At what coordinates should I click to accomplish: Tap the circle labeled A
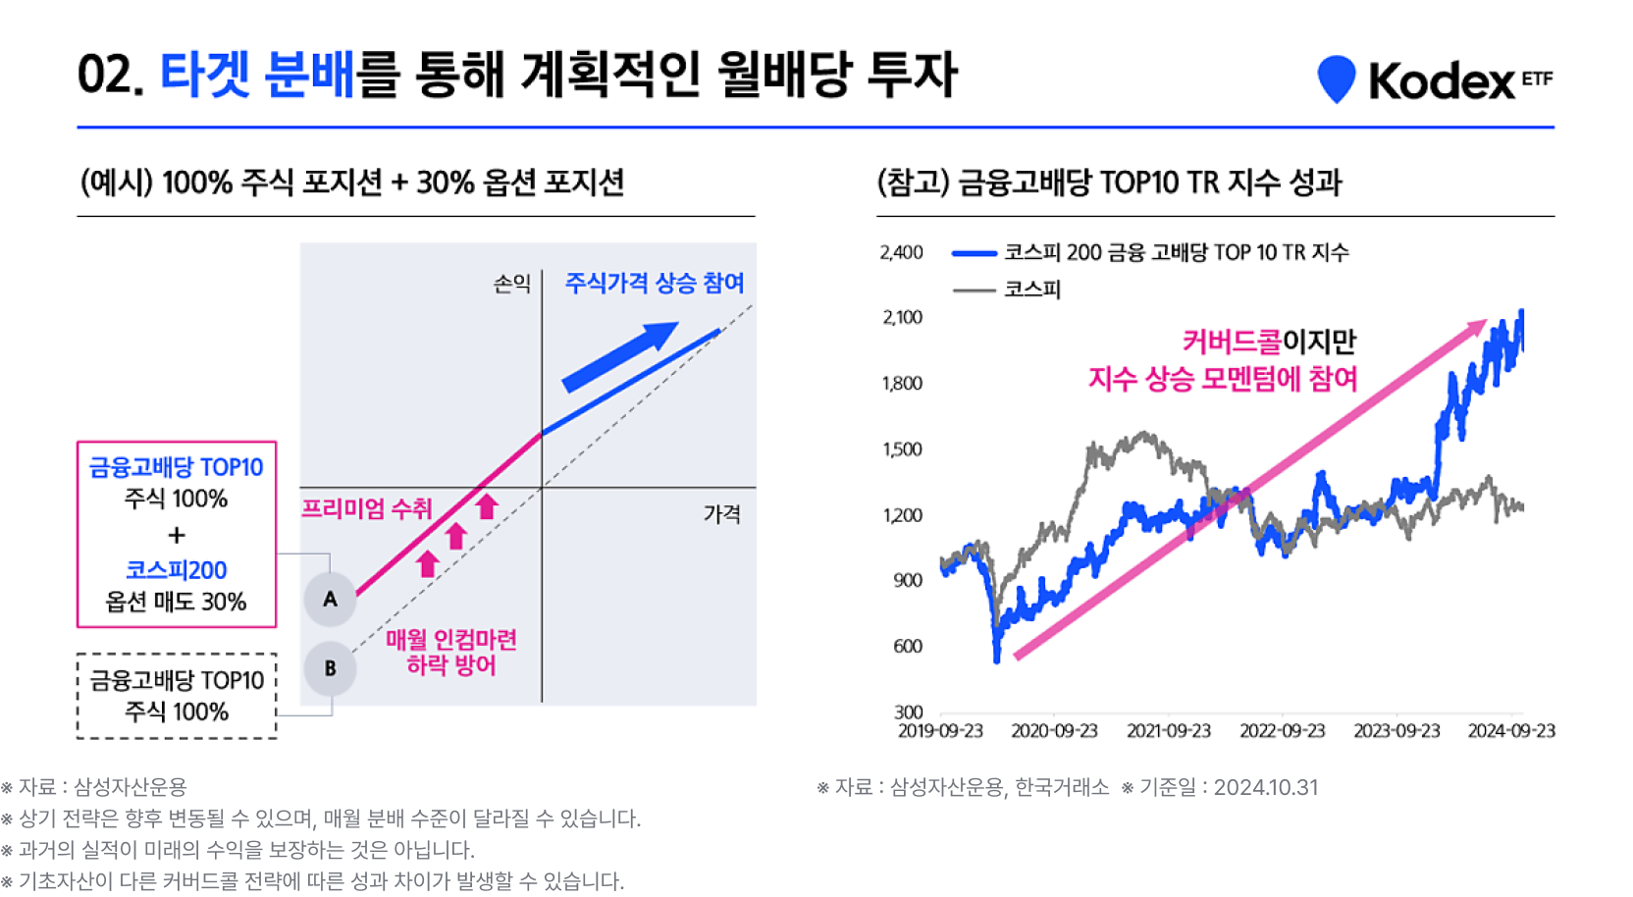(x=330, y=599)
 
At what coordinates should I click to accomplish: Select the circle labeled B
(x=330, y=668)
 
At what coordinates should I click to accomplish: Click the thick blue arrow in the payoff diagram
(x=619, y=356)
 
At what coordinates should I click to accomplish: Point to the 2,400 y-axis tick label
(x=902, y=252)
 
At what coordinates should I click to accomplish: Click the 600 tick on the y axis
(x=908, y=646)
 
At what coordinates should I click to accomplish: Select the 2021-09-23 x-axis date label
(x=1168, y=731)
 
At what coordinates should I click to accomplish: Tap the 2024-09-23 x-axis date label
(x=1510, y=731)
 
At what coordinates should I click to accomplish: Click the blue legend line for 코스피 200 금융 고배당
(x=975, y=253)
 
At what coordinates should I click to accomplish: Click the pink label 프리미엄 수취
(x=366, y=508)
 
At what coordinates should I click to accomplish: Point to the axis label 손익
(x=511, y=284)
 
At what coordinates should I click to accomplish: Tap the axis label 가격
(x=721, y=514)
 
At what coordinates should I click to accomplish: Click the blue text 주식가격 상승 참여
(x=654, y=284)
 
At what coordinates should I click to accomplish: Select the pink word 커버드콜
(x=1232, y=342)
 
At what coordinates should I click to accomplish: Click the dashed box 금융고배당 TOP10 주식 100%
(x=177, y=696)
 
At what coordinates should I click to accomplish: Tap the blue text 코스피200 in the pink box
(x=177, y=570)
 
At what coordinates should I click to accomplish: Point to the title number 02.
(x=110, y=76)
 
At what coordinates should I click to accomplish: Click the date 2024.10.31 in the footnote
(x=1266, y=787)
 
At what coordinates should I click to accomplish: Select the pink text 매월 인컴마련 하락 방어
(x=451, y=653)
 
